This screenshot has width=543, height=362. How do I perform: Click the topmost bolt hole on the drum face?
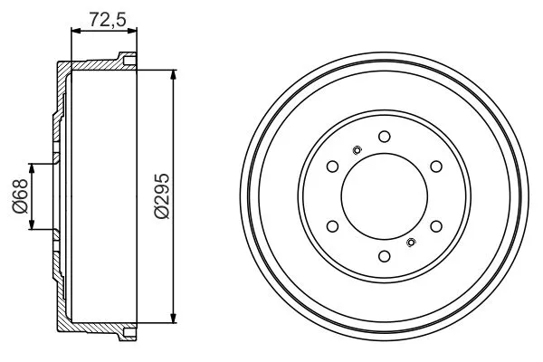[x=384, y=137]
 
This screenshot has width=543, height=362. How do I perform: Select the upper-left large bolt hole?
[x=332, y=167]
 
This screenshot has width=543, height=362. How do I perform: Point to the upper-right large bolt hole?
[x=435, y=167]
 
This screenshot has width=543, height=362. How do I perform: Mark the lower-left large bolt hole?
[x=332, y=226]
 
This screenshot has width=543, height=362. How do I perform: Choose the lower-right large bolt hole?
[x=435, y=226]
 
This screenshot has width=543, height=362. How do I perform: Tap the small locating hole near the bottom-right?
[x=412, y=242]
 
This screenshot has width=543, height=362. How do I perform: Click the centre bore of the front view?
[x=384, y=196]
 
